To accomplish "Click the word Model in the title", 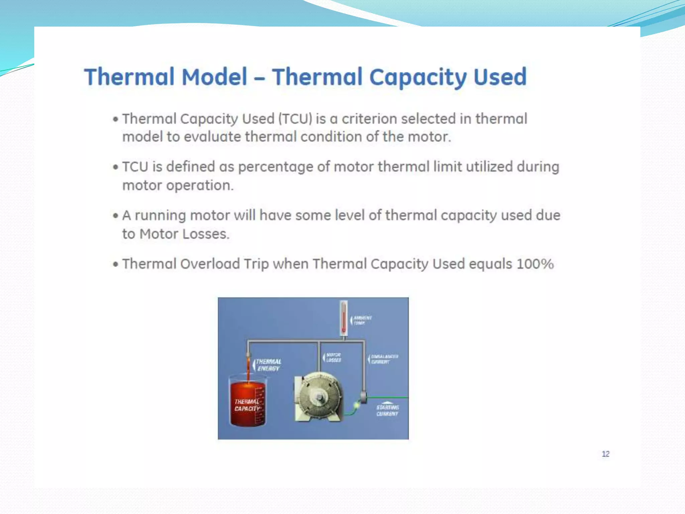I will [x=214, y=77].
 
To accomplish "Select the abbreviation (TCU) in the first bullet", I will [x=295, y=119].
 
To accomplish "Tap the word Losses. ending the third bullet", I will [x=206, y=234].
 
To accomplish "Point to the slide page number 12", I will [x=605, y=454].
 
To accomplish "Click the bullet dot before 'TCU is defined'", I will [x=116, y=167].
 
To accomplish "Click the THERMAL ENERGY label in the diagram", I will [x=269, y=365].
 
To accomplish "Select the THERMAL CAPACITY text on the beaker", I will [x=247, y=405].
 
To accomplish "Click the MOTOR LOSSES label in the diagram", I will [x=333, y=357].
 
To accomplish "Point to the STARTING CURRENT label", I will [x=387, y=411].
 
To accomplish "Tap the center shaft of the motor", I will [x=319, y=397].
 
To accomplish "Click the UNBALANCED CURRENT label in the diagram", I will [x=384, y=359].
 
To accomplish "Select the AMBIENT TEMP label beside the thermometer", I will [x=362, y=320].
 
